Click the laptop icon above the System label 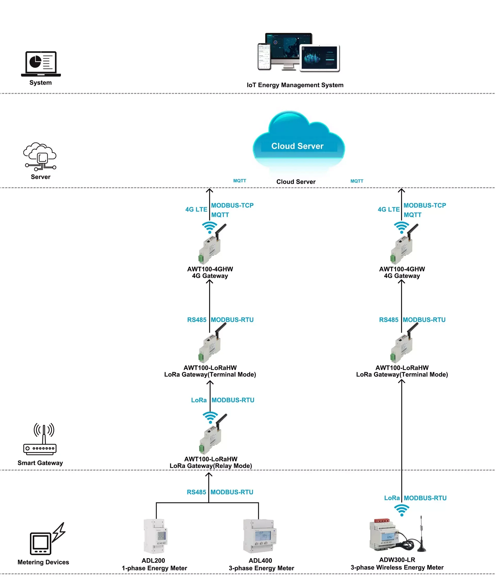point(41,63)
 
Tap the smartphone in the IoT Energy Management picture point(264,56)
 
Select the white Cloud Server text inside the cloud point(297,146)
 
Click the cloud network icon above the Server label point(40,156)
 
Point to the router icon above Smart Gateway point(40,439)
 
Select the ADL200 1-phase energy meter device point(155,536)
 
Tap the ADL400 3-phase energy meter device point(260,536)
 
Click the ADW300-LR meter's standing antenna point(421,534)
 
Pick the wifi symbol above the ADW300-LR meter point(402,509)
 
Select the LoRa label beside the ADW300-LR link point(392,498)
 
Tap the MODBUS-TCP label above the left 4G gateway point(232,205)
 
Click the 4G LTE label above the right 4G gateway point(388,210)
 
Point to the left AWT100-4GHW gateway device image point(211,244)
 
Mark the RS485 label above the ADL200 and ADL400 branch point(196,492)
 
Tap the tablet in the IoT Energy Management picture point(320,57)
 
